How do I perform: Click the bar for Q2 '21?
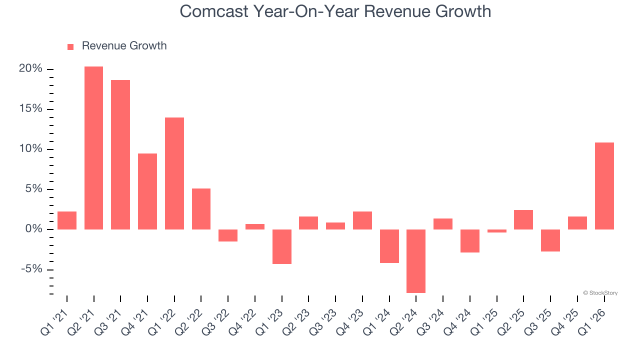(x=93, y=148)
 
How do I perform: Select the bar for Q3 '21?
(x=120, y=154)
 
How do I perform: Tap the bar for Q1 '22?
(x=174, y=173)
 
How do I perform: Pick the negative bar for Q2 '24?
(x=416, y=261)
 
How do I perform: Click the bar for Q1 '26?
(x=604, y=186)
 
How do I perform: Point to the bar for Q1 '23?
(x=281, y=246)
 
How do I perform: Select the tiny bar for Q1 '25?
(x=496, y=231)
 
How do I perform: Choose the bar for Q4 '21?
(x=147, y=191)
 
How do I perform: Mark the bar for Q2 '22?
(x=201, y=209)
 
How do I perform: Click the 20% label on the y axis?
(x=30, y=69)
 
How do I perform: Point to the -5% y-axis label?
(x=30, y=269)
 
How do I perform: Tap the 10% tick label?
(x=30, y=149)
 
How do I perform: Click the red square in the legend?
(x=70, y=46)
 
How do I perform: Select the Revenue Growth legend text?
(x=124, y=46)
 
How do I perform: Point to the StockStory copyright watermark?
(x=600, y=293)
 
